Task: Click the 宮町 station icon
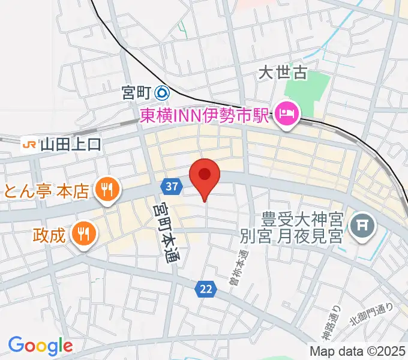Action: (161, 93)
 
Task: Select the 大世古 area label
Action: (283, 73)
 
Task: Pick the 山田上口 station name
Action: (71, 144)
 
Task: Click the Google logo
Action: (40, 345)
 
